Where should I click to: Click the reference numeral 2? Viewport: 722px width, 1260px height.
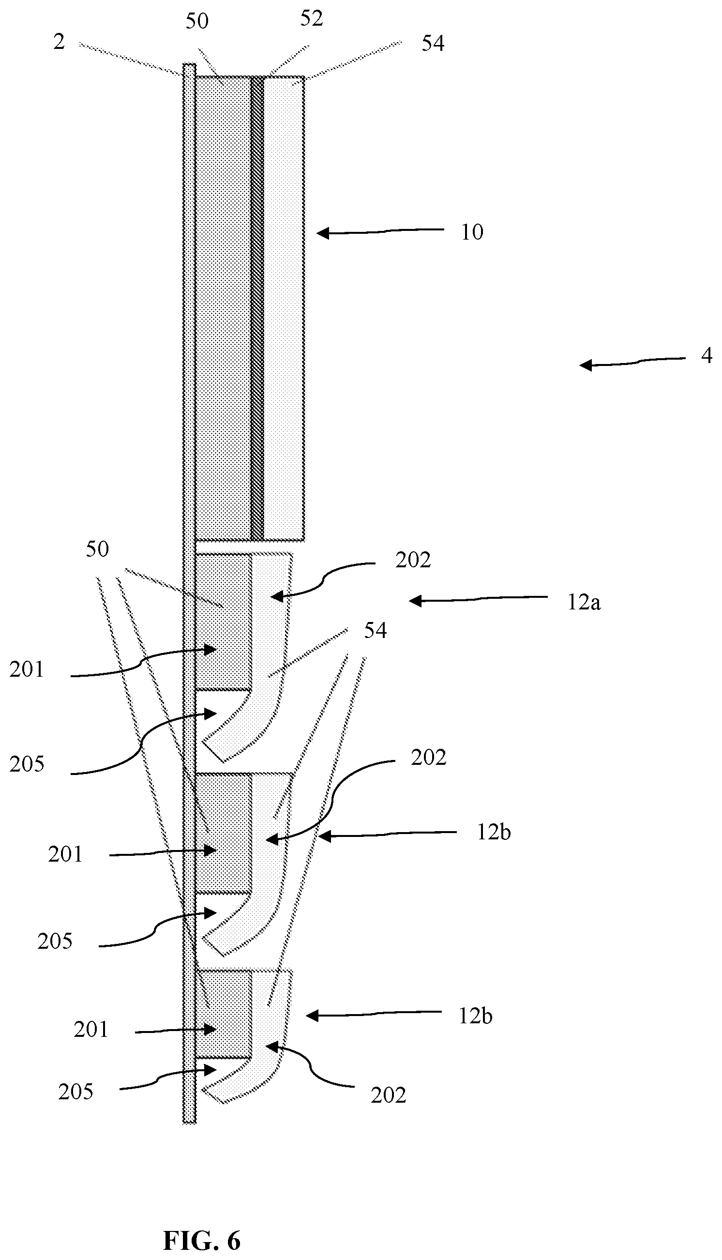click(x=59, y=43)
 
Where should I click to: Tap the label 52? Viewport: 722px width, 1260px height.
click(x=312, y=19)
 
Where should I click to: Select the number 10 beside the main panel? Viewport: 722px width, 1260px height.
click(x=472, y=232)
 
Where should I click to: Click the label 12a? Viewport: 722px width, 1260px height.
click(x=584, y=603)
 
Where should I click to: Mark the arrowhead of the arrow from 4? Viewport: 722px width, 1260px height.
click(x=586, y=365)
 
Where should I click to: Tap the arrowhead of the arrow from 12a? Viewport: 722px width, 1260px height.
click(x=416, y=601)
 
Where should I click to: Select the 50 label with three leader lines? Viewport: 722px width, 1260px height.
click(x=97, y=549)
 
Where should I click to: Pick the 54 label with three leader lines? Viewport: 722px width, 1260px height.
click(x=376, y=631)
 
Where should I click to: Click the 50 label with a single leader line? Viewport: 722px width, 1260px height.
click(x=197, y=21)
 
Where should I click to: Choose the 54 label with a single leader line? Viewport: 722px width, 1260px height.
click(x=433, y=44)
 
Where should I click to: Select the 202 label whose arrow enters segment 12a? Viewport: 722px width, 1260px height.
click(x=413, y=561)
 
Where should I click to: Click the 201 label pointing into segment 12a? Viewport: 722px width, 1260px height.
click(x=27, y=670)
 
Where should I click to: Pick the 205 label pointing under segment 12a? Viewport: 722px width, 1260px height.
click(x=27, y=764)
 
